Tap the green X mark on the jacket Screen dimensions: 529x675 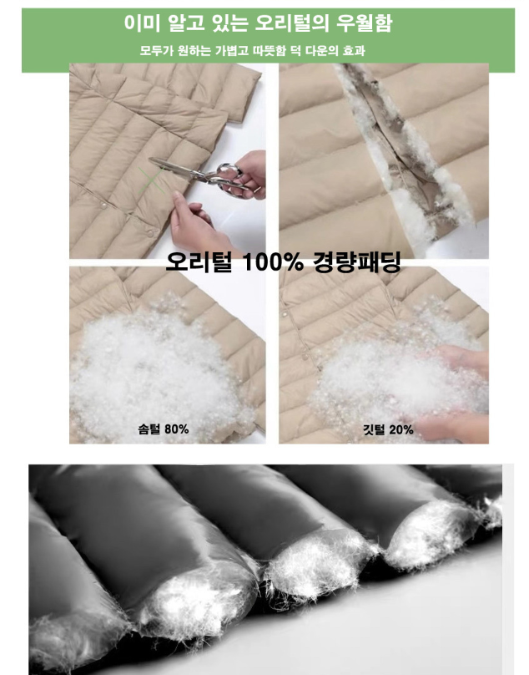pos(151,180)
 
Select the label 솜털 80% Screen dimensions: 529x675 pos(163,429)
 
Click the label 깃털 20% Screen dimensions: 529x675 pos(388,429)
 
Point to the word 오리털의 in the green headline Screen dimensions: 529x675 pos(291,23)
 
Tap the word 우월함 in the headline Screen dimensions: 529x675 pos(364,23)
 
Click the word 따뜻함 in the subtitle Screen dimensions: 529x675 pos(269,51)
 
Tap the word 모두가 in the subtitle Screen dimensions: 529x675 pos(157,51)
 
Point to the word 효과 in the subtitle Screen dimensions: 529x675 pos(354,51)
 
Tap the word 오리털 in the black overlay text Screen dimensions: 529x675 pos(199,261)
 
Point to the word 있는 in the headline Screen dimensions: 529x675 pos(230,23)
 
